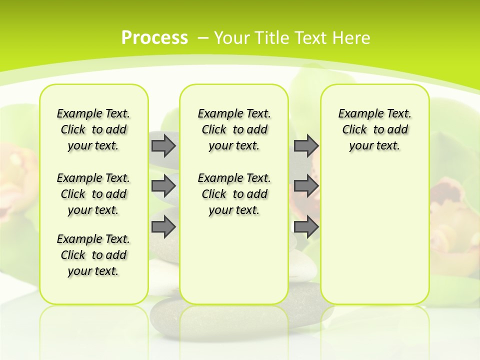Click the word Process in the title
[x=154, y=38]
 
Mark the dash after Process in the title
[x=203, y=38]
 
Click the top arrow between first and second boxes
[x=163, y=145]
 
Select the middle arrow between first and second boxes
[x=163, y=186]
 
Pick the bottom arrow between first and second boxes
[x=163, y=227]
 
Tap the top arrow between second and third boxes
[x=306, y=145]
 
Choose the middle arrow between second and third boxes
[x=306, y=186]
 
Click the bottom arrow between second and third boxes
[x=306, y=227]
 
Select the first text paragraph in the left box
[x=93, y=129]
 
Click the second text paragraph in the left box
[x=93, y=194]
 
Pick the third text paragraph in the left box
[x=93, y=255]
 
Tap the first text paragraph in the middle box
[x=234, y=129]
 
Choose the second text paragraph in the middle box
[x=234, y=194]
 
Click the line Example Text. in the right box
[x=374, y=113]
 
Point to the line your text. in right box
[x=374, y=145]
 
